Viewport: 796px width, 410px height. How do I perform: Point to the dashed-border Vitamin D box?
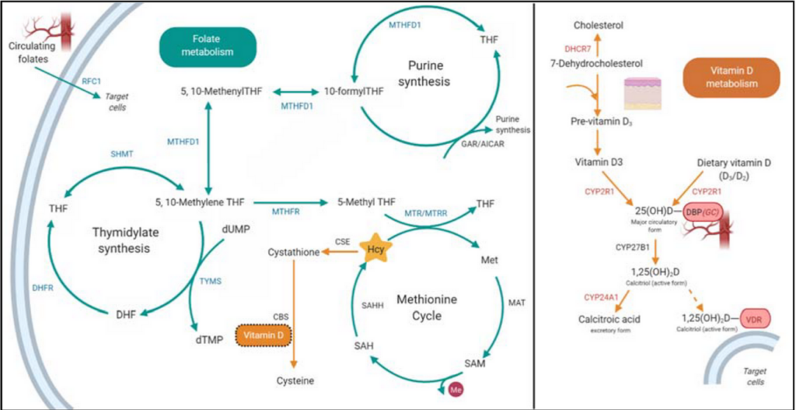pos(263,334)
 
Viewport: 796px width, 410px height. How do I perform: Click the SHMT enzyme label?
pos(122,155)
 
